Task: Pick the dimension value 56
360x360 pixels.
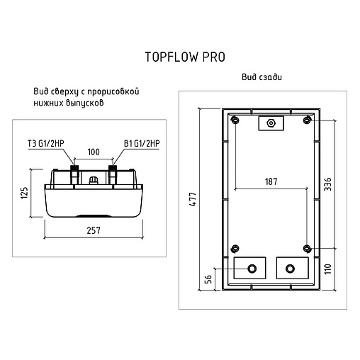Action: click(208, 278)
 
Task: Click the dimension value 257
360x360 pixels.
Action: click(93, 230)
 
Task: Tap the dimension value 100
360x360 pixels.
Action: click(93, 152)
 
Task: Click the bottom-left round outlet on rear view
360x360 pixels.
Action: click(251, 269)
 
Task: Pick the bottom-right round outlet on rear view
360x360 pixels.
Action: click(290, 269)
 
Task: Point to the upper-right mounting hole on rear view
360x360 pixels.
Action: click(307, 119)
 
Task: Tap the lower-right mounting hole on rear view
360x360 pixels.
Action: click(307, 248)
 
